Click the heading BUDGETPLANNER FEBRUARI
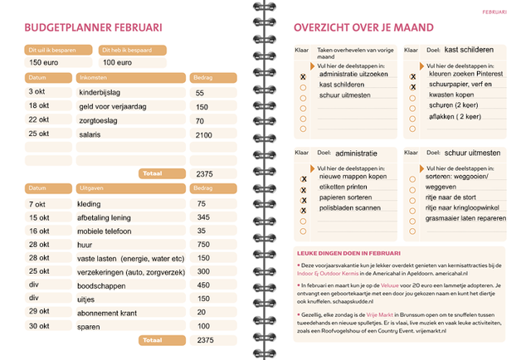(x=93, y=27)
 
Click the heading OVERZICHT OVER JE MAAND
(x=363, y=27)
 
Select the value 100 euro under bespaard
(x=119, y=62)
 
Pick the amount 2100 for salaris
(x=204, y=134)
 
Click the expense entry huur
(x=86, y=245)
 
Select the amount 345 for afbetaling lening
(x=203, y=217)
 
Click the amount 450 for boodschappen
(x=203, y=285)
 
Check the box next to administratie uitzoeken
(x=303, y=75)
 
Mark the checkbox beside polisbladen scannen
(x=303, y=210)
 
